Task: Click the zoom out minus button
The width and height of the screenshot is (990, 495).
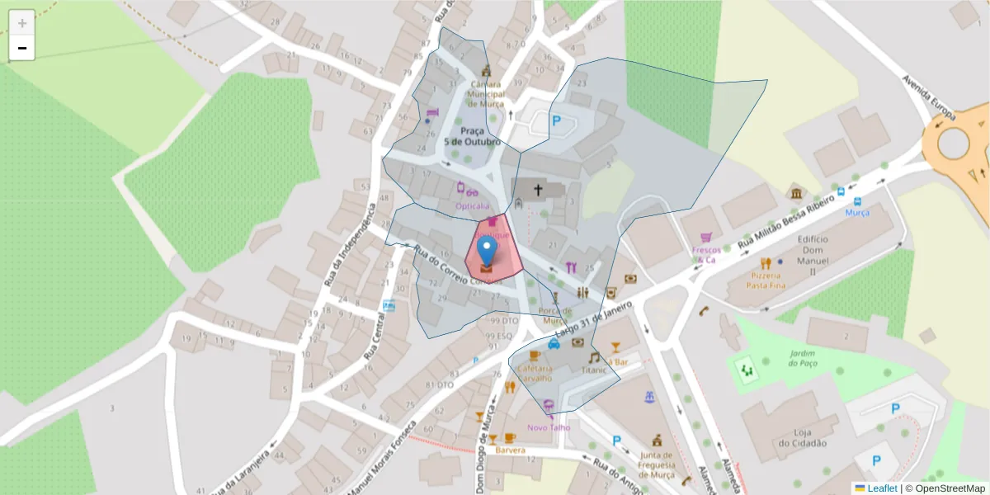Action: click(22, 49)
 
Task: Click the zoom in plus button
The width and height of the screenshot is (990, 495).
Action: click(22, 22)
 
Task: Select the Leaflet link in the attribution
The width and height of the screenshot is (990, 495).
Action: click(881, 488)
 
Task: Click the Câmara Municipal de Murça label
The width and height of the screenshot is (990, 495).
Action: click(486, 94)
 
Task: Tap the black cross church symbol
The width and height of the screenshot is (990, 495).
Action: click(538, 191)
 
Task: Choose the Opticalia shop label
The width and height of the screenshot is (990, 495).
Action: click(473, 205)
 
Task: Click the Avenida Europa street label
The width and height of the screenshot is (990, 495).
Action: click(927, 98)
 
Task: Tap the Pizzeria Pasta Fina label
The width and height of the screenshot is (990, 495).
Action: click(766, 279)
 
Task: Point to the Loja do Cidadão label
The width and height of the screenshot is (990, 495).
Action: click(809, 437)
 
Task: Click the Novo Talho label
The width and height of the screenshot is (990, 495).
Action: click(549, 427)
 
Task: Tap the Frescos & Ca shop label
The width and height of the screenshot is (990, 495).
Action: click(706, 254)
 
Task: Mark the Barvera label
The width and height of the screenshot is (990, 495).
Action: click(511, 450)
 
